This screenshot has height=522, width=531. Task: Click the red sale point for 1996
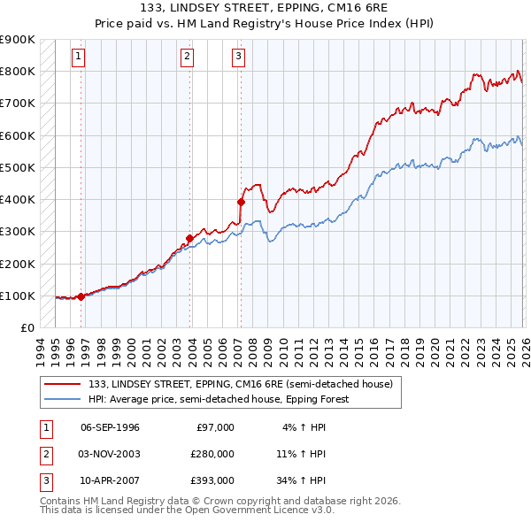click(x=81, y=296)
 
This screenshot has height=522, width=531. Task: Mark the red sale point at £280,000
click(x=189, y=238)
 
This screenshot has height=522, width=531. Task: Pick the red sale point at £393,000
click(x=241, y=202)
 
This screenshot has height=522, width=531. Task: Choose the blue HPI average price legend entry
click(x=218, y=399)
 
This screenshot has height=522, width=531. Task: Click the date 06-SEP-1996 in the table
click(x=110, y=427)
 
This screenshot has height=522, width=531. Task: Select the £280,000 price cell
click(x=212, y=454)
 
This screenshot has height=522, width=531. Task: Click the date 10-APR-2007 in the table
click(x=110, y=480)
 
